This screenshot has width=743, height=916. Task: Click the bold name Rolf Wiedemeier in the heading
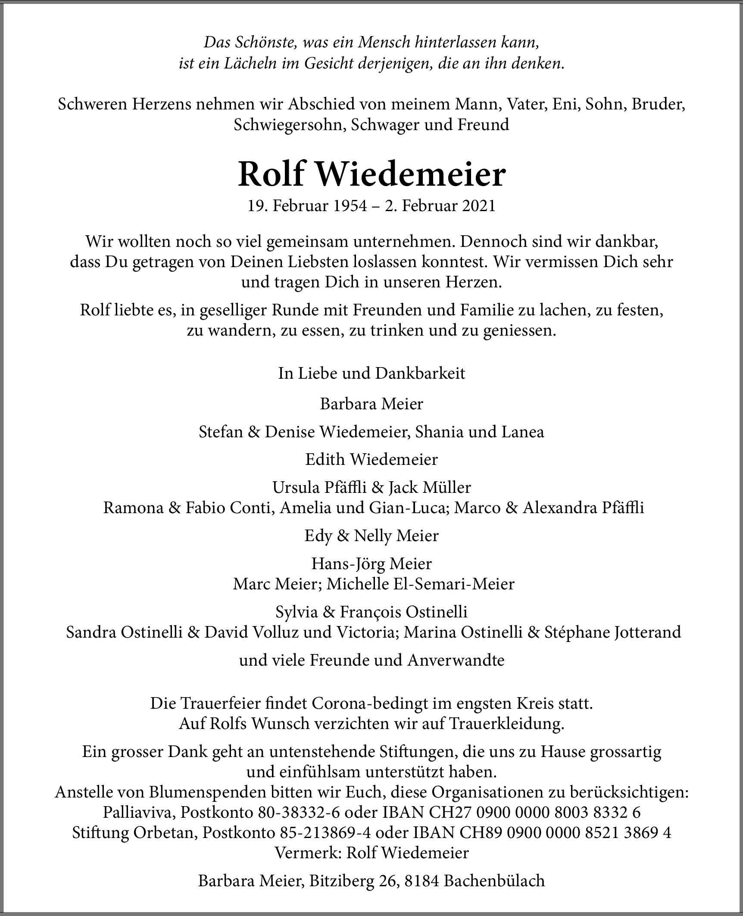371,174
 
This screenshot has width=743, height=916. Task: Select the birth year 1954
350,206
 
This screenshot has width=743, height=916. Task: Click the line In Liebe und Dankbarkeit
371,373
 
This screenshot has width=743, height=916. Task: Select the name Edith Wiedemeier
371,460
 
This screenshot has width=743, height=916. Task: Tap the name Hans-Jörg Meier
371,564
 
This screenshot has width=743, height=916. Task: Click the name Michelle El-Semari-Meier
421,584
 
